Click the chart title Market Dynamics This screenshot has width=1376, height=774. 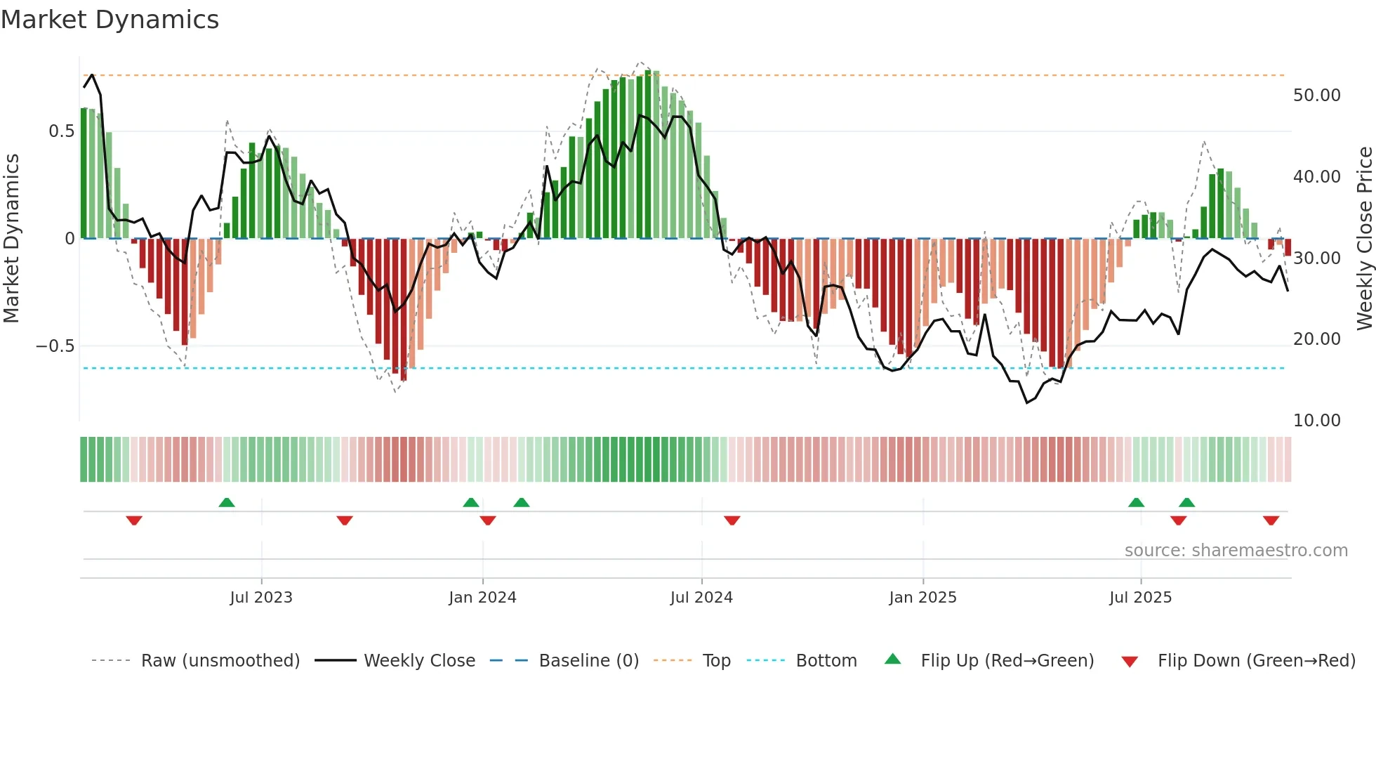coord(110,20)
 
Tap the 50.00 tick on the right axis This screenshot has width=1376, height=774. coord(1316,96)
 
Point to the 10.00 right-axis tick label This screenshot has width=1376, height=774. coord(1316,421)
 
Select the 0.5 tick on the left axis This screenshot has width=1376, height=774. coord(62,131)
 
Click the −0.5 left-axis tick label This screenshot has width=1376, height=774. coord(55,346)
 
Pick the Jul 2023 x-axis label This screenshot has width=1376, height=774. coord(261,598)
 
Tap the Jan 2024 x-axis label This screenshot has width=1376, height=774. coord(482,598)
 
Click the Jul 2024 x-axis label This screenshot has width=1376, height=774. coord(701,598)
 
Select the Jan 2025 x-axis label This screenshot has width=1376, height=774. coord(922,598)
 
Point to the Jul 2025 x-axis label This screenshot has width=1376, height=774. coord(1140,598)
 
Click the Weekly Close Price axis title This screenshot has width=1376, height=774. coord(1364,239)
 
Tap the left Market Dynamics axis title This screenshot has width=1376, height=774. coord(11,239)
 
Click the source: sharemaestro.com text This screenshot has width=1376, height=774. coord(1236,551)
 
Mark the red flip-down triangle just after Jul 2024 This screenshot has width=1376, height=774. coord(732,520)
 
